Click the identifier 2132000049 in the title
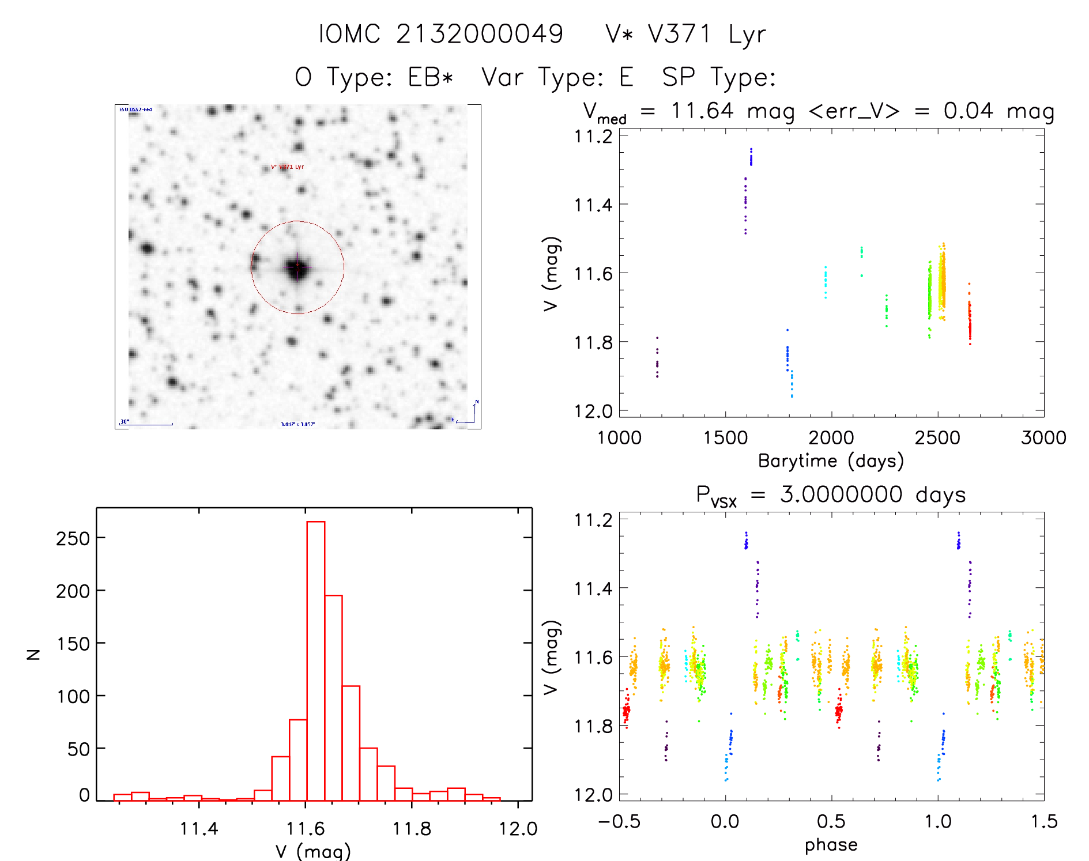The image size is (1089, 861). coord(480,34)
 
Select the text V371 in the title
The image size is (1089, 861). coord(680,34)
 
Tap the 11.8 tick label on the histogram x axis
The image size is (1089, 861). coord(412,829)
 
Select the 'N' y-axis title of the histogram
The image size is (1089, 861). coord(34,654)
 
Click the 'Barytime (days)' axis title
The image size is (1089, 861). coord(831,461)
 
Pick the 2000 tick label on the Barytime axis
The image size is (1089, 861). coord(831,438)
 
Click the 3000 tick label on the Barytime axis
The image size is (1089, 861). coord(1043,438)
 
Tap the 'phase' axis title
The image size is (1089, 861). coord(831,845)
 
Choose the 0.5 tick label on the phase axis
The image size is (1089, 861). coord(831,821)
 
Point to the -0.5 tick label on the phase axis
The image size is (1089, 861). coord(619,821)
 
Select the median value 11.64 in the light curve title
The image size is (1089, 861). coord(702,111)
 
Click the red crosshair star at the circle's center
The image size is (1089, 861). coord(297,267)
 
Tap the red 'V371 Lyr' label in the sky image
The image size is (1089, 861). coord(288,167)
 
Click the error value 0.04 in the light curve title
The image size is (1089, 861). coord(969,111)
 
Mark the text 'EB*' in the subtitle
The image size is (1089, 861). coord(431,77)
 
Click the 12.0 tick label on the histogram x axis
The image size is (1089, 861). coord(518,829)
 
